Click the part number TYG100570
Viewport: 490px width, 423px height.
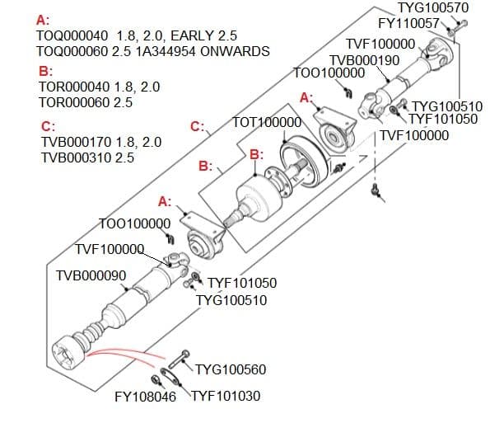pos(432,8)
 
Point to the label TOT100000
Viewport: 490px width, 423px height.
pos(268,122)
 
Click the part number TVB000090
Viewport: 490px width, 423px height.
pos(90,275)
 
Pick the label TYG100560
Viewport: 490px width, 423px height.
pos(231,368)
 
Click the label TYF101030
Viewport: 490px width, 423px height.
pos(226,397)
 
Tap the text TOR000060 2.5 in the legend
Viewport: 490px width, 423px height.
pos(86,102)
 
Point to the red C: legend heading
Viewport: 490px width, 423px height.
pos(48,126)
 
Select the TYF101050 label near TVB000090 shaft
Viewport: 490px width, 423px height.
pos(242,284)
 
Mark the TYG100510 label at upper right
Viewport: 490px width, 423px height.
pos(446,106)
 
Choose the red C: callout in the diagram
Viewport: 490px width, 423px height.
pos(197,126)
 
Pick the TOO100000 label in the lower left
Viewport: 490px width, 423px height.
pos(134,223)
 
